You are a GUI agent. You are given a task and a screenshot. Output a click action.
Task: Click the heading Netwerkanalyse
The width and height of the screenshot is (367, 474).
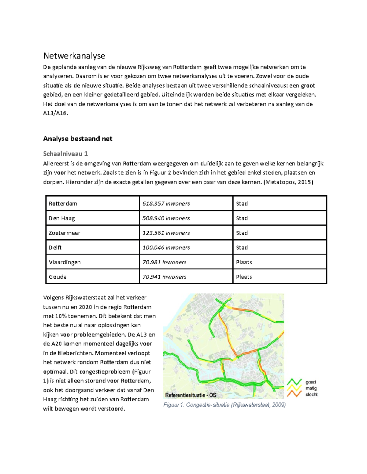[74, 56]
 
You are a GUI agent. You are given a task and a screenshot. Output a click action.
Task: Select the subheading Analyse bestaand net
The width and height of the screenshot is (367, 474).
[78, 139]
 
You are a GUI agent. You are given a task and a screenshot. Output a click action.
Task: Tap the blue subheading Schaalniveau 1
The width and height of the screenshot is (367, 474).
[65, 154]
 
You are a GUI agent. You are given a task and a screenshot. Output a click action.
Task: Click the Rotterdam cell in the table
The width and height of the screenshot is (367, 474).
[63, 204]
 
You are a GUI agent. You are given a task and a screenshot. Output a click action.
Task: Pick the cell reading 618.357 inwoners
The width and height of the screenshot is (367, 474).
[166, 204]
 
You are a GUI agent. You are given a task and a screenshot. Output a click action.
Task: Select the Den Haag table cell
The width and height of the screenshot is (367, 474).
[62, 218]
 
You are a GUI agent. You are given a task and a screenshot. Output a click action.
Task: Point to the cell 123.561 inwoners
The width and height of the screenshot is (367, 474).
[166, 233]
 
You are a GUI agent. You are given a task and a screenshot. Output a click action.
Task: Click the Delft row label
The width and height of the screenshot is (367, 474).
[55, 248]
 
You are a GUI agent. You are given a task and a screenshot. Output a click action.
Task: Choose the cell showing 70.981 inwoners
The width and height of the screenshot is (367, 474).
[164, 262]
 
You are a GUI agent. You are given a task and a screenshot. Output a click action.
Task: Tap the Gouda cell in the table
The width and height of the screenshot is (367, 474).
[57, 277]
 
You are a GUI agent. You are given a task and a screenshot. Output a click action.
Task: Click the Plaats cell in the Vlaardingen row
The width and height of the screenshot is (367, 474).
[244, 262]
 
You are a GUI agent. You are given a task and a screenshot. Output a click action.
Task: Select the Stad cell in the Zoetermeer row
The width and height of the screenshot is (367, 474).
[242, 233]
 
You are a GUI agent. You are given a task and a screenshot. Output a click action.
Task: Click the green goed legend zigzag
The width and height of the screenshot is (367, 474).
[295, 382]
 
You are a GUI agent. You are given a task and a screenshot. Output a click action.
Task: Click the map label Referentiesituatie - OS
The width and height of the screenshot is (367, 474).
[191, 395]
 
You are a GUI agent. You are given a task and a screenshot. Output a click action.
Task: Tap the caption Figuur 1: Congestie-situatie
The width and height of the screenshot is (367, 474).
[224, 405]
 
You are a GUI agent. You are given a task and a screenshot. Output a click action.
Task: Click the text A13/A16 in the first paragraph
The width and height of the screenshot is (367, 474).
[55, 113]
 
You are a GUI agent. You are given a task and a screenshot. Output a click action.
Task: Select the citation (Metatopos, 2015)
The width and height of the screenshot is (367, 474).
[288, 182]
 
